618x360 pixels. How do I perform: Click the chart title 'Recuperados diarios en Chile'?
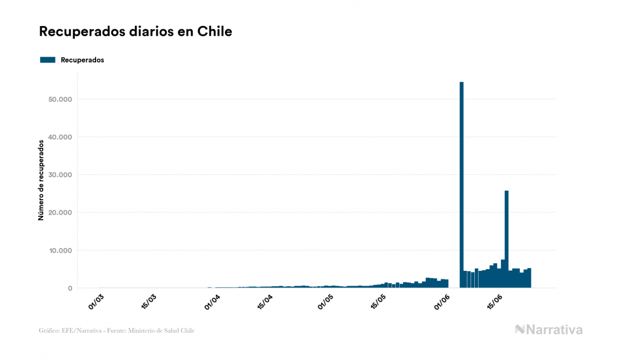[x=135, y=32]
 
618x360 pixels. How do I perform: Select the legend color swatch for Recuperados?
[x=48, y=60]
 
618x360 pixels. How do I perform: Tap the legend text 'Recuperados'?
[x=82, y=60]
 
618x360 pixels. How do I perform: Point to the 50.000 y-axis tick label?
[x=60, y=99]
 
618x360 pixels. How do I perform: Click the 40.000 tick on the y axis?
[x=60, y=137]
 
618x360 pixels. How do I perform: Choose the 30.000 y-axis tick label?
[x=60, y=175]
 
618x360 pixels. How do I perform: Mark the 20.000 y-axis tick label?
[x=60, y=213]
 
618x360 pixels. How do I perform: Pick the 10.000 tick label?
[x=60, y=251]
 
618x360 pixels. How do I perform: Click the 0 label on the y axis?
[x=69, y=288]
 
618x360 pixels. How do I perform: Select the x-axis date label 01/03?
[x=96, y=301]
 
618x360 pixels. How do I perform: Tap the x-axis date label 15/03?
[x=149, y=301]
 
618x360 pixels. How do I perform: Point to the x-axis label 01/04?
[x=212, y=301]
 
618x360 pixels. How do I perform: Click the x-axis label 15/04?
[x=265, y=301]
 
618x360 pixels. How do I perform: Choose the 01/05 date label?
[x=325, y=301]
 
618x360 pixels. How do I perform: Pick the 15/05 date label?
[x=378, y=301]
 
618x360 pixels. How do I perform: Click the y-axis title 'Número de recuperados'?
[x=41, y=180]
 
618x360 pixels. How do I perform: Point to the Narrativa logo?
[x=549, y=330]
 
